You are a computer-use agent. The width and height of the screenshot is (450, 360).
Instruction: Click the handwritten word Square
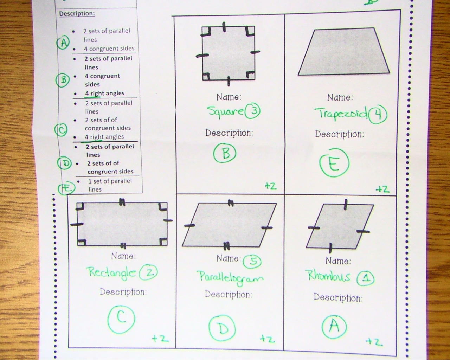click(225, 112)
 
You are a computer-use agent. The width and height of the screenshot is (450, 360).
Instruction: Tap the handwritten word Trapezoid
click(341, 114)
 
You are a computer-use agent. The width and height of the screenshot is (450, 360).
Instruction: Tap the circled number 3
click(252, 111)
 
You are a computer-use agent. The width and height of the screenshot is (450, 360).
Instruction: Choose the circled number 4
click(378, 115)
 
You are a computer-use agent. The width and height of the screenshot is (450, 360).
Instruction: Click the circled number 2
click(148, 272)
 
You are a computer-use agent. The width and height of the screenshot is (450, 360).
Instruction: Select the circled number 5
click(252, 261)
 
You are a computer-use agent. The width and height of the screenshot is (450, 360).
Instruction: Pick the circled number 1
click(366, 278)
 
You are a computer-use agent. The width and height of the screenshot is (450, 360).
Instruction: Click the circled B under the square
click(225, 153)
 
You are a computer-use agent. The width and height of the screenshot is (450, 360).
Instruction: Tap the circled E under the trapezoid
click(334, 162)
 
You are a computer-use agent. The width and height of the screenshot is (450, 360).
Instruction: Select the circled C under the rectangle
click(121, 319)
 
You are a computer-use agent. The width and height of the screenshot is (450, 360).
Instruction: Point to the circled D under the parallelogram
click(222, 328)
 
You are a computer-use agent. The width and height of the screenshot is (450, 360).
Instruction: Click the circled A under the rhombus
click(334, 327)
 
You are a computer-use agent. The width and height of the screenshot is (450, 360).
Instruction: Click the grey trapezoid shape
click(343, 51)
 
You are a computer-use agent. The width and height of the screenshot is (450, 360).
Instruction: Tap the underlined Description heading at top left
click(77, 14)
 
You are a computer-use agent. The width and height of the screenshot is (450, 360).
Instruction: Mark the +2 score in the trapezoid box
click(382, 189)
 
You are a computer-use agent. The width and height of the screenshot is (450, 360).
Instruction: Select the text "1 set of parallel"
click(110, 181)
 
